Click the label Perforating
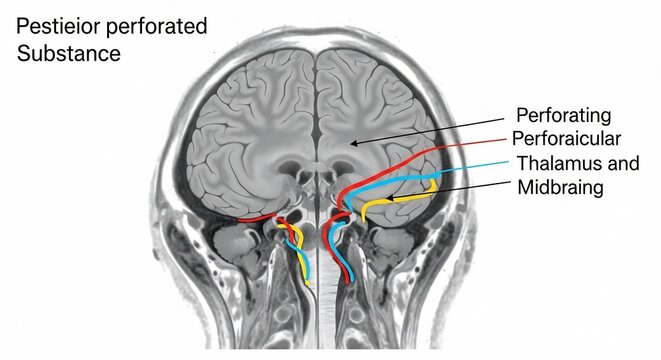click(x=561, y=114)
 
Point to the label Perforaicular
click(x=567, y=138)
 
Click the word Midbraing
click(x=561, y=187)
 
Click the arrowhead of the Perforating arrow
click(x=353, y=144)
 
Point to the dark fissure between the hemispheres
click(x=317, y=100)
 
